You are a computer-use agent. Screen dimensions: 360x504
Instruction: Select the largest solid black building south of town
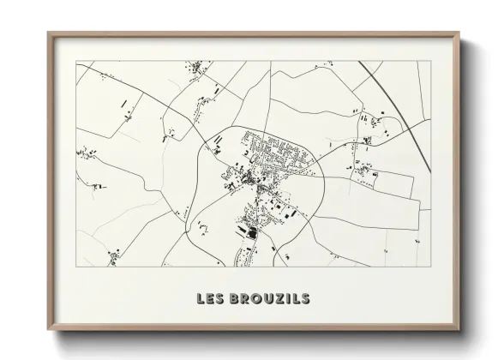click(251, 228)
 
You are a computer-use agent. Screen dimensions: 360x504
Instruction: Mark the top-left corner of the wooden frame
click(48, 33)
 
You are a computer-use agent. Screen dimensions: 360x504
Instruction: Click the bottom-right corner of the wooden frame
click(459, 331)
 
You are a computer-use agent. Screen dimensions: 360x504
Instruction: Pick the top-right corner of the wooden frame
click(459, 33)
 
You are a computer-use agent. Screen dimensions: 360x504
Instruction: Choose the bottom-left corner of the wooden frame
click(48, 331)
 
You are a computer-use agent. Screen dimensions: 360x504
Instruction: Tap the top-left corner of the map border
click(76, 61)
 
